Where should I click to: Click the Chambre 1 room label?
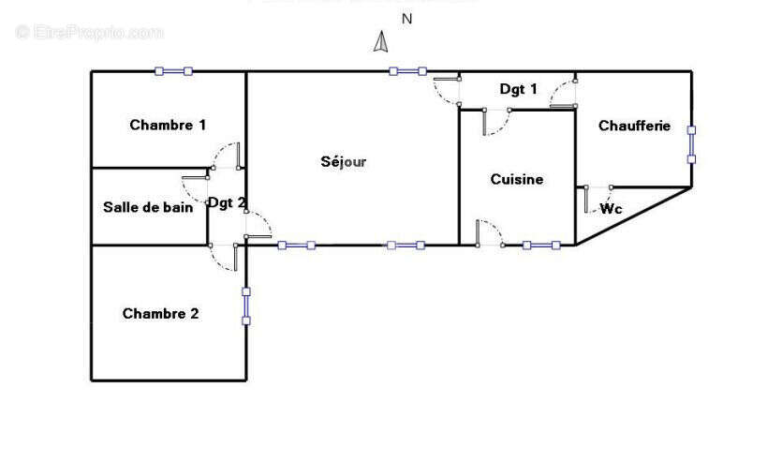(168, 125)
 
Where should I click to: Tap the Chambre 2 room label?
(160, 314)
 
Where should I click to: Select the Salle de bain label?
(148, 208)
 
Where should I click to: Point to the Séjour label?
(344, 161)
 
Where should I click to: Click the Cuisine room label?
(517, 179)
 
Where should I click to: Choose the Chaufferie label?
(634, 126)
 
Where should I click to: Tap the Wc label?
(612, 209)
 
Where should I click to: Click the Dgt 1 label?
(518, 89)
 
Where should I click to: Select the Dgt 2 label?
(227, 201)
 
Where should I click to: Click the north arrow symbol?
(381, 42)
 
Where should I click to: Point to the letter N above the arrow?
(406, 18)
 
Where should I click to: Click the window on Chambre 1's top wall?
(173, 70)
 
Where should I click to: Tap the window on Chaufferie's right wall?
(691, 143)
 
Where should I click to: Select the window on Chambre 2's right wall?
(246, 306)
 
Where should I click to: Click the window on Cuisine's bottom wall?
(541, 246)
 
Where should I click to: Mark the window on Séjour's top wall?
(407, 70)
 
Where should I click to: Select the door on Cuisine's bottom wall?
(488, 234)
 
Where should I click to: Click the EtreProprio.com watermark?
(90, 32)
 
